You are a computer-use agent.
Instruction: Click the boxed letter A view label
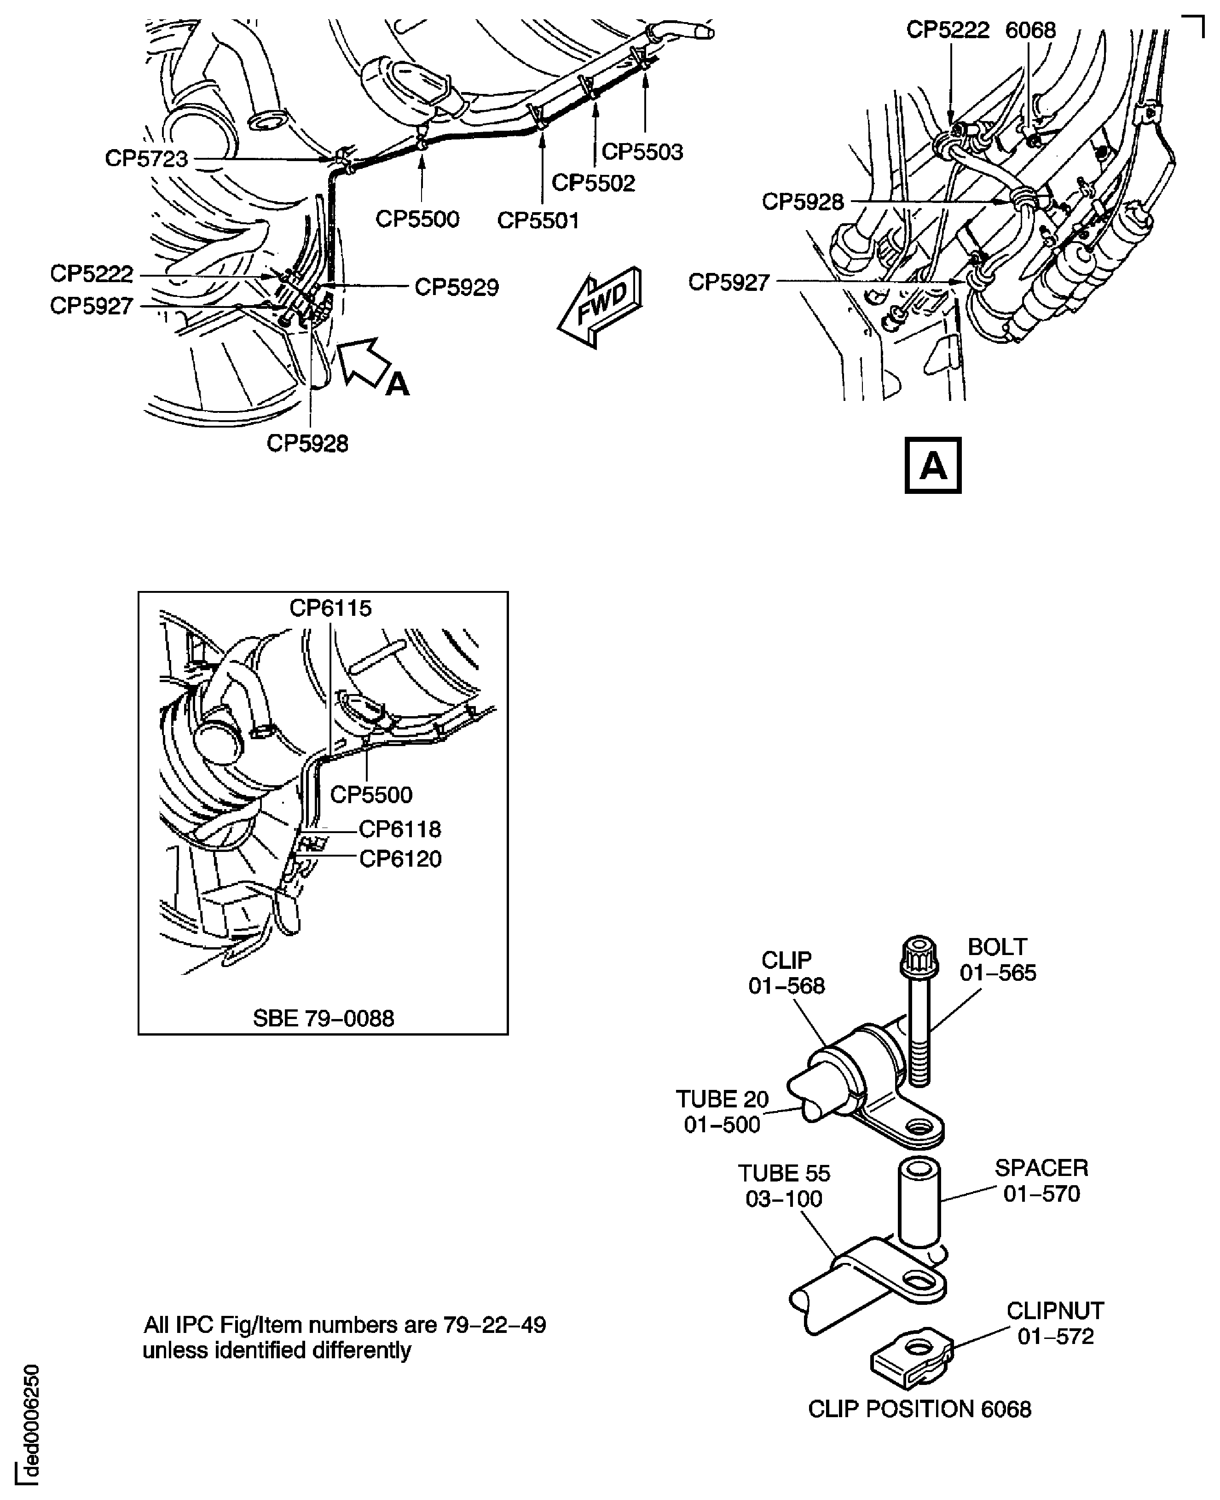tap(932, 465)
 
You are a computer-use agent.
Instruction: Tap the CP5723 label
tap(147, 159)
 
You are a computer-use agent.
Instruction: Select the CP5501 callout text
tap(538, 221)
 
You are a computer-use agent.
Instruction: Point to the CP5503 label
tap(642, 152)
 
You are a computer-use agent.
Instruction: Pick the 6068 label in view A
tap(1030, 31)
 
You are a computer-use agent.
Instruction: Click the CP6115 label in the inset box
tap(330, 608)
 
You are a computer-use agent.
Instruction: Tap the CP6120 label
tap(400, 859)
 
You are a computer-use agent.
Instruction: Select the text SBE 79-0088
tap(323, 1019)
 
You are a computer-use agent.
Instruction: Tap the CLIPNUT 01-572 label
tap(1055, 1323)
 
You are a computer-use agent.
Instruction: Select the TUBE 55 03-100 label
tap(784, 1186)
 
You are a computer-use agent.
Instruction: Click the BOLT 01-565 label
tap(997, 960)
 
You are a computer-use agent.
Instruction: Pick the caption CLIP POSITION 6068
tap(919, 1409)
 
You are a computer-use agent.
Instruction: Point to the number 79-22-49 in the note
tap(494, 1325)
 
